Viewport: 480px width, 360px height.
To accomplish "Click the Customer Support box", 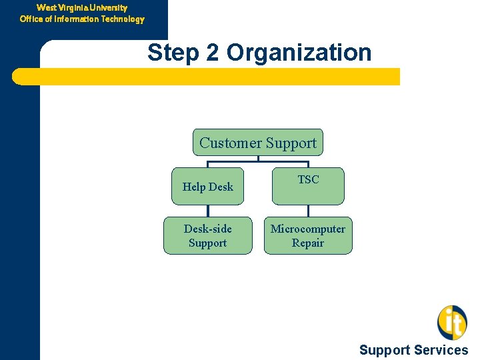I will click(258, 143).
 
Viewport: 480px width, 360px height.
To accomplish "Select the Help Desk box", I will click(207, 186).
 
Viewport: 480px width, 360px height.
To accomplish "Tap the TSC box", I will click(308, 185).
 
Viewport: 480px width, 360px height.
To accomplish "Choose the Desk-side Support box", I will click(207, 235).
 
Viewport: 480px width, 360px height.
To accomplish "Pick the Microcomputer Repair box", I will click(308, 235).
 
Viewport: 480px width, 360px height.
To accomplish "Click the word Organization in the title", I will click(299, 53).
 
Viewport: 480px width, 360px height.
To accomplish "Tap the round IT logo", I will click(452, 322).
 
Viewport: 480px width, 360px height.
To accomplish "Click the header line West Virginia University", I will click(82, 8).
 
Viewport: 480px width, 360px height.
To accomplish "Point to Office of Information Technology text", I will click(82, 19).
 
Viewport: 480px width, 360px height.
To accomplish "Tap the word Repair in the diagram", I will click(308, 243).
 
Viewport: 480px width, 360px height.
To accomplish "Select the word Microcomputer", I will click(308, 229).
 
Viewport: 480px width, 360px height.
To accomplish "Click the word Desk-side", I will click(208, 229).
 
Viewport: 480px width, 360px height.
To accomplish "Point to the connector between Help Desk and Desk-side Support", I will click(207, 211).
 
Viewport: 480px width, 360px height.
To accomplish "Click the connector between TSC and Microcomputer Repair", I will click(308, 211).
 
